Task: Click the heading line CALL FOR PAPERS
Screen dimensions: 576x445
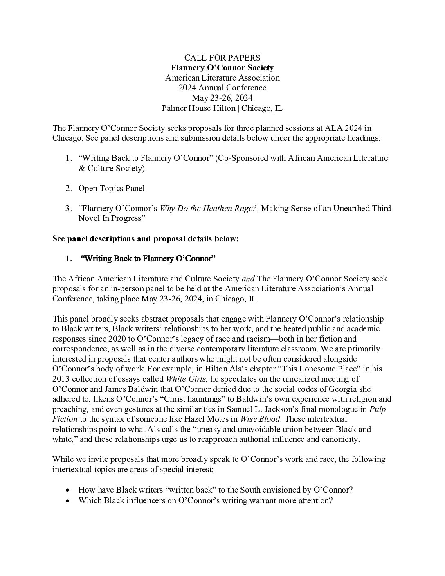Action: tap(222, 58)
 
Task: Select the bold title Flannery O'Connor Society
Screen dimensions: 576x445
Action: tap(222, 67)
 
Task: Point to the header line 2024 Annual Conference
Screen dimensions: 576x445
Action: tap(222, 88)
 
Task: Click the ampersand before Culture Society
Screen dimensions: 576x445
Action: tap(81, 168)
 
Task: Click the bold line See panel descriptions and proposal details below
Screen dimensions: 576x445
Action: tap(145, 239)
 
